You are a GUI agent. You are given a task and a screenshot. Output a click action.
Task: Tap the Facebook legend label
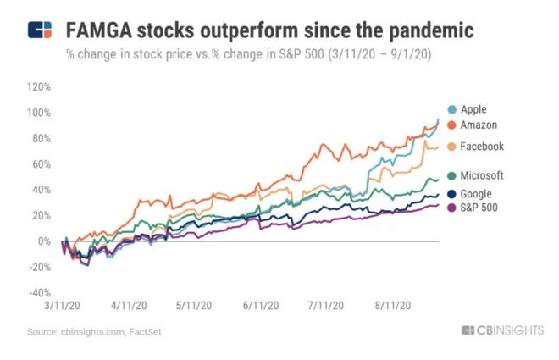click(x=482, y=147)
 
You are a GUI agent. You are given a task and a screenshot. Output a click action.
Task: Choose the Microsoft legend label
click(x=482, y=175)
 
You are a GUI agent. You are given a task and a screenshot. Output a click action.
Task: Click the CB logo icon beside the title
click(x=40, y=31)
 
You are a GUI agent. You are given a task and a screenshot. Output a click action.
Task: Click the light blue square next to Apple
click(x=453, y=109)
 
